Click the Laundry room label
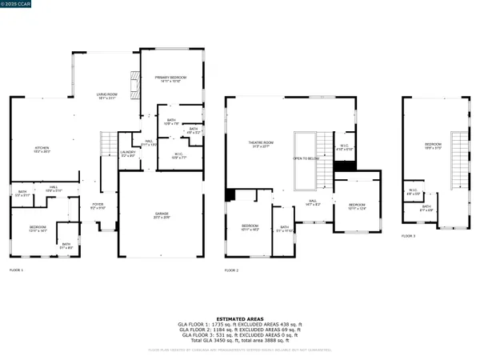tap(128, 154)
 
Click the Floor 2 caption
tap(232, 270)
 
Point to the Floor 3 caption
tap(409, 236)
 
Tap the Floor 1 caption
tap(16, 270)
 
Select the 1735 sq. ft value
tap(222, 324)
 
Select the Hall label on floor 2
tap(314, 203)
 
